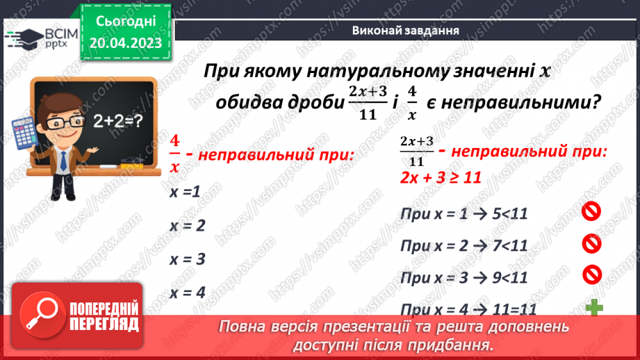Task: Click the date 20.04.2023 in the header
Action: tap(125, 42)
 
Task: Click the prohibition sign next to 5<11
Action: tap(591, 211)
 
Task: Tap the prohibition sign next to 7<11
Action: tap(591, 243)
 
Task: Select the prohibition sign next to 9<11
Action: tap(591, 275)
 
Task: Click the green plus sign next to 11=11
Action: tap(593, 306)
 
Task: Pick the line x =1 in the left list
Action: tap(186, 192)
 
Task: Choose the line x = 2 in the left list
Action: tap(187, 225)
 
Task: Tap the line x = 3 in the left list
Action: tap(187, 259)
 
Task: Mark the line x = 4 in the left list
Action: tap(187, 293)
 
